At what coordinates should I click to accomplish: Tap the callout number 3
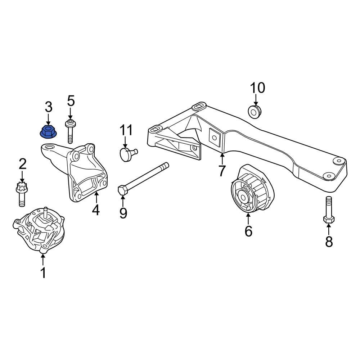(x=48, y=107)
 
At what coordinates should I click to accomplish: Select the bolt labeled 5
(x=70, y=130)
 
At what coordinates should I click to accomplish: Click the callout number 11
(x=126, y=130)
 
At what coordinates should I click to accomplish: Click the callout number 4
(x=95, y=210)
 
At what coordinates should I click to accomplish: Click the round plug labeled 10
(x=255, y=111)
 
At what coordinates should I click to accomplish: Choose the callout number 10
(x=257, y=87)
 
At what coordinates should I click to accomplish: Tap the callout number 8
(x=329, y=242)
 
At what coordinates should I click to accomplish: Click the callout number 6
(x=248, y=231)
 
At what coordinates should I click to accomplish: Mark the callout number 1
(x=43, y=273)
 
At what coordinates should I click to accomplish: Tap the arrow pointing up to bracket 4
(x=96, y=197)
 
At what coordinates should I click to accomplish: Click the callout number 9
(x=123, y=213)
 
